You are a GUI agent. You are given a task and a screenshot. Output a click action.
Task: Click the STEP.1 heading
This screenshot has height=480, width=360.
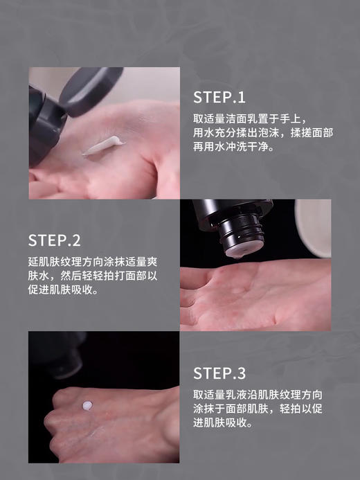tap(219, 97)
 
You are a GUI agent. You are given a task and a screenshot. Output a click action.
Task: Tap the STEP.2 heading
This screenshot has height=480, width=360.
tap(55, 241)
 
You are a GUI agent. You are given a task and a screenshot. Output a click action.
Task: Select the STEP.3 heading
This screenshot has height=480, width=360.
tap(219, 374)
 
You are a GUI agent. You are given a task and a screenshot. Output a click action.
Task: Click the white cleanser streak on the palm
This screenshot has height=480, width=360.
tap(102, 145)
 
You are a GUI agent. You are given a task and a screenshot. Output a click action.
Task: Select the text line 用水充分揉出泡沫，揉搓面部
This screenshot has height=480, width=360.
tap(262, 132)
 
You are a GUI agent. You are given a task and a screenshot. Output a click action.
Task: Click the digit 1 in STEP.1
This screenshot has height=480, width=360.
tap(241, 97)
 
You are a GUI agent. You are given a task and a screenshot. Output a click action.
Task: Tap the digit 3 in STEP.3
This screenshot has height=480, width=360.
tap(241, 374)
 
